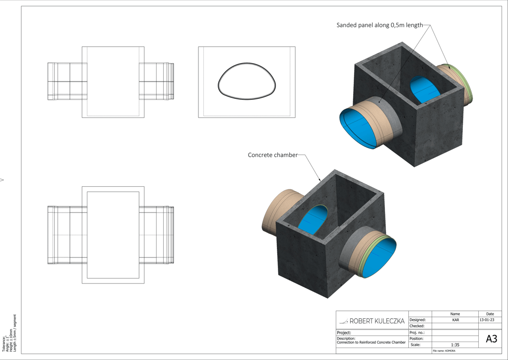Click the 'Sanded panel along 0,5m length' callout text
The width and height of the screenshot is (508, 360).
(x=380, y=25)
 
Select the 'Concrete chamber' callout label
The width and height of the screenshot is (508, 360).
(x=272, y=155)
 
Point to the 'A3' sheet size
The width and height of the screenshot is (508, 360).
(x=491, y=339)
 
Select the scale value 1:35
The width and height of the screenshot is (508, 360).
(x=455, y=345)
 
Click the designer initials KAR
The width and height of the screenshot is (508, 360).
(x=455, y=320)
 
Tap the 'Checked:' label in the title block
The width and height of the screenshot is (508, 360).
(x=417, y=326)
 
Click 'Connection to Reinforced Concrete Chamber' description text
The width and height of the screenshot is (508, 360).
(x=371, y=343)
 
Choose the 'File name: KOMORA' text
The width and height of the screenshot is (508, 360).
(x=444, y=351)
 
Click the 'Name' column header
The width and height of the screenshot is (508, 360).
(x=455, y=314)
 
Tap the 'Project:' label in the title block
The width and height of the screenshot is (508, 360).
(x=344, y=333)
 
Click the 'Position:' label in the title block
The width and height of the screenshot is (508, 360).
(x=417, y=339)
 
